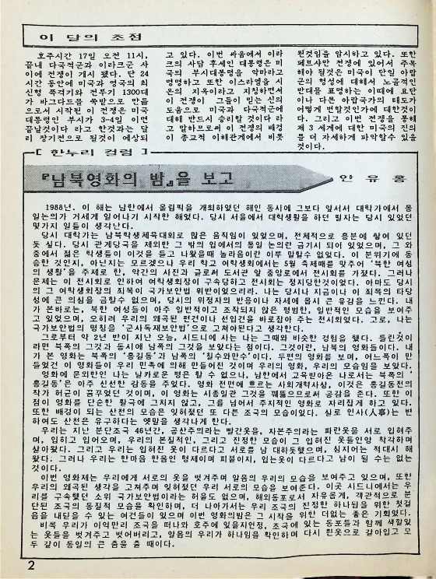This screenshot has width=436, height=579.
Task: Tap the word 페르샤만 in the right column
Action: [316, 67]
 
